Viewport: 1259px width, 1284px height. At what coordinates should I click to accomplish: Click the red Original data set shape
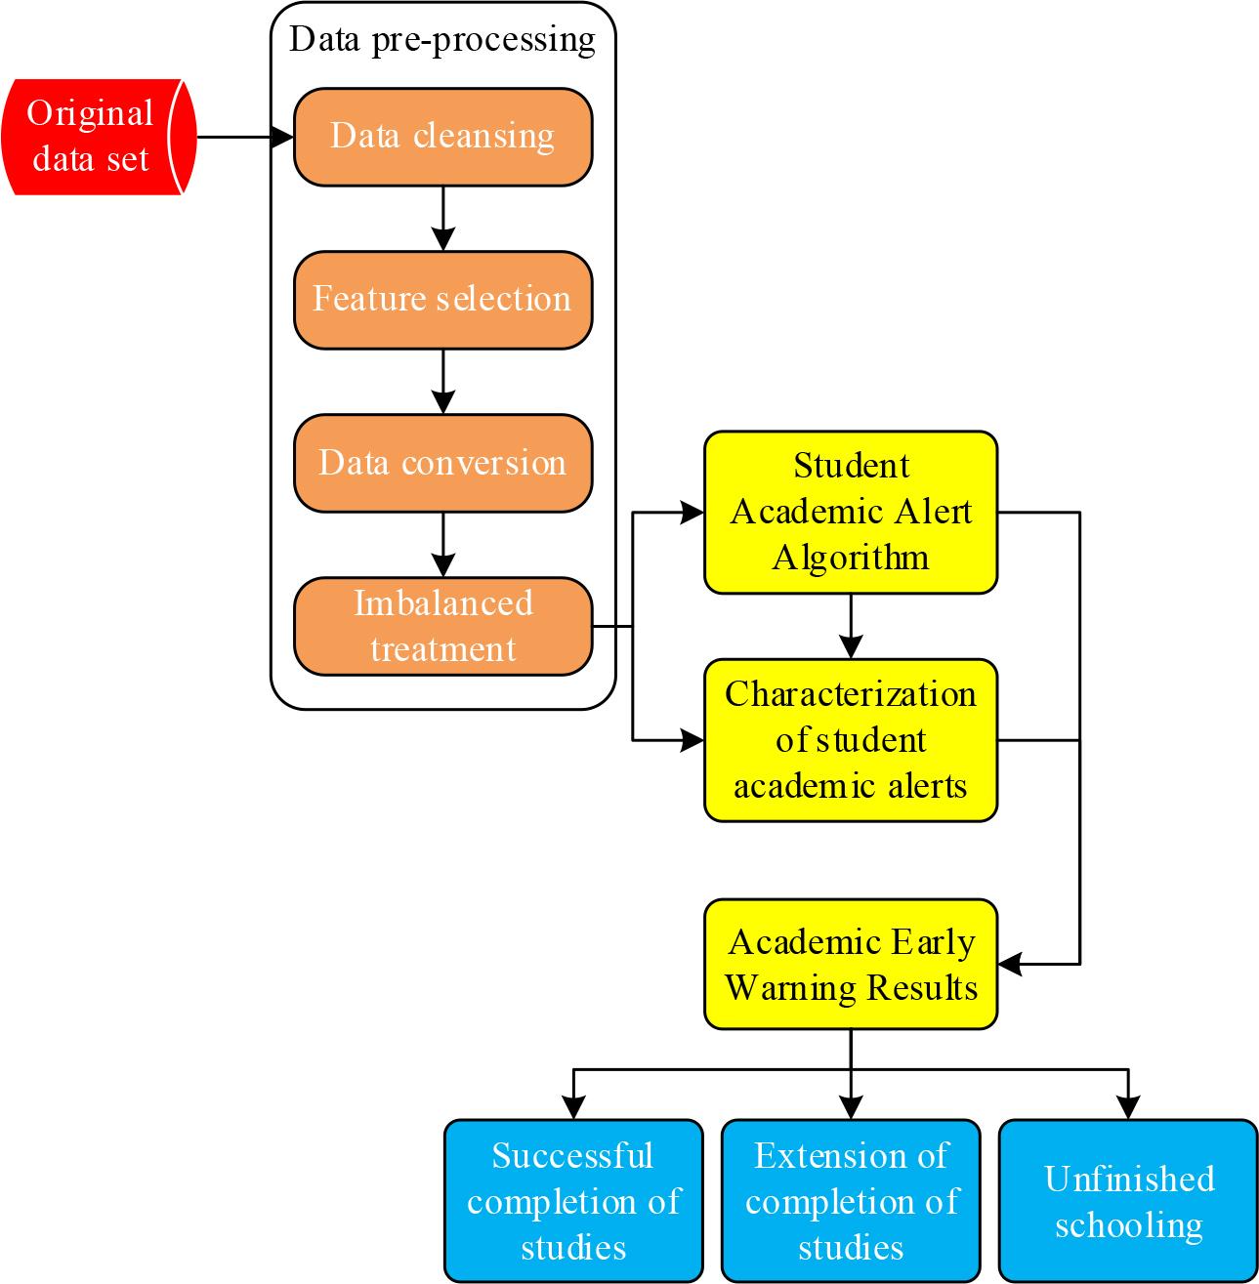(x=93, y=137)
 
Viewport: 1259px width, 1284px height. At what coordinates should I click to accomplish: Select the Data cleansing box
(x=442, y=137)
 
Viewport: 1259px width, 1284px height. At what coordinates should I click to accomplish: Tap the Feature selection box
(x=442, y=300)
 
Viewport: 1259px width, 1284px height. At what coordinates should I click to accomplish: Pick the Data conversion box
(x=442, y=463)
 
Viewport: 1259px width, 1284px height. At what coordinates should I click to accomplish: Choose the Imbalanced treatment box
(x=442, y=626)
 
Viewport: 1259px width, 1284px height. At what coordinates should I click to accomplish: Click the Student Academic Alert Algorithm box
(x=851, y=512)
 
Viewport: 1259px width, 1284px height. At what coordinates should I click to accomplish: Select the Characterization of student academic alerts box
(x=851, y=740)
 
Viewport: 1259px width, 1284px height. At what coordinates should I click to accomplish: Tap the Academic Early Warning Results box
(x=851, y=964)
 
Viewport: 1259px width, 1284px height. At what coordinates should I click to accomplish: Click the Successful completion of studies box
(x=573, y=1200)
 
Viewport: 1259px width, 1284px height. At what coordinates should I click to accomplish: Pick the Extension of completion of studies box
(x=851, y=1200)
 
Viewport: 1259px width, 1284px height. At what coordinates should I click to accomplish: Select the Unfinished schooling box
(x=1128, y=1200)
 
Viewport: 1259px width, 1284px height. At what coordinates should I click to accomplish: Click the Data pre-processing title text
(x=442, y=40)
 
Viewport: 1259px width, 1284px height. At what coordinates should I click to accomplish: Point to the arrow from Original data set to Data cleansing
(x=244, y=137)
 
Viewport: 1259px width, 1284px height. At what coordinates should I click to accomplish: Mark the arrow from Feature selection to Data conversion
(x=443, y=382)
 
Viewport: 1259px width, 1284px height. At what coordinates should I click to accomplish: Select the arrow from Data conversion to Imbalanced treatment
(x=443, y=545)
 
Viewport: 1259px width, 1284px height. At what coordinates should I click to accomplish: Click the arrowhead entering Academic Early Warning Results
(x=1011, y=964)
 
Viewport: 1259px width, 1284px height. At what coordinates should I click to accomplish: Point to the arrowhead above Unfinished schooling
(x=1128, y=1107)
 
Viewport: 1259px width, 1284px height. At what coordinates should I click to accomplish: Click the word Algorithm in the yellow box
(x=851, y=558)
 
